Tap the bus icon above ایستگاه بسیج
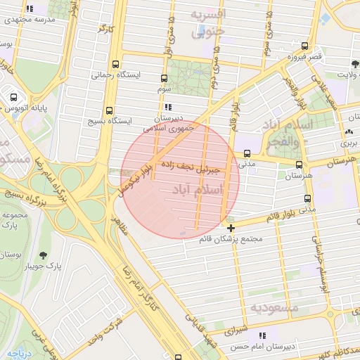pyautogui.click(x=109, y=110)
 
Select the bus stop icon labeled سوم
pyautogui.click(x=164, y=79)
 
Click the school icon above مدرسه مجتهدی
pyautogui.click(x=29, y=9)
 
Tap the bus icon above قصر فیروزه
pyautogui.click(x=304, y=45)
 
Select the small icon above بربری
pyautogui.click(x=349, y=131)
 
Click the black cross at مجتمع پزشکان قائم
pyautogui.click(x=231, y=228)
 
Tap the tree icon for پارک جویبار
pyautogui.click(x=44, y=256)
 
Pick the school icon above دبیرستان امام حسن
pyautogui.click(x=263, y=335)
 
